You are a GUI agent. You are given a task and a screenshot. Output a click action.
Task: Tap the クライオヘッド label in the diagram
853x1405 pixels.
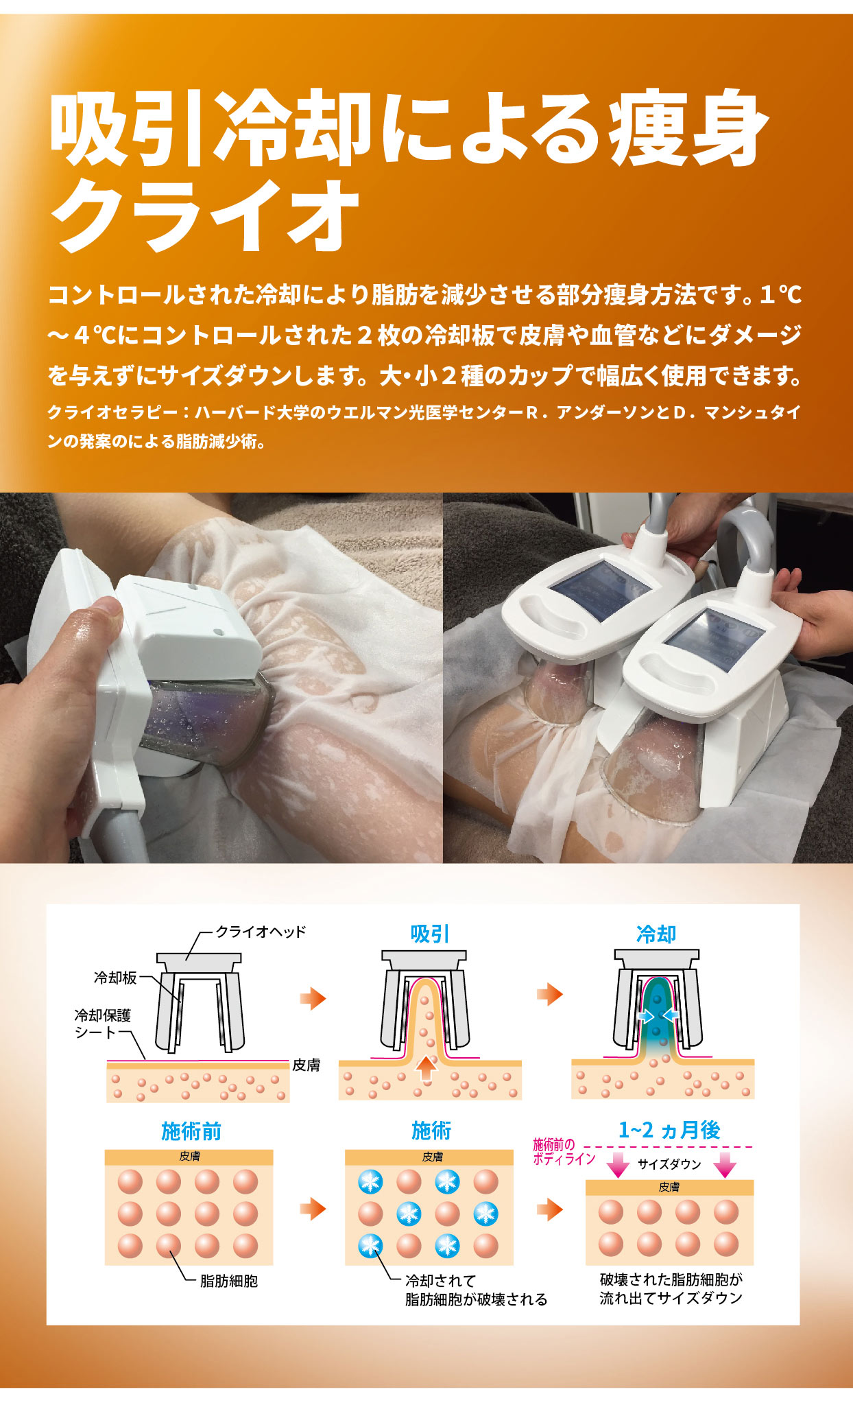click(261, 932)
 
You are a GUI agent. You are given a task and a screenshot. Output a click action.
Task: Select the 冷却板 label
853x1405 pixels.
click(115, 978)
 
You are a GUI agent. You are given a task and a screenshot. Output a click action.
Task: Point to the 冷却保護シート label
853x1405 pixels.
click(102, 1023)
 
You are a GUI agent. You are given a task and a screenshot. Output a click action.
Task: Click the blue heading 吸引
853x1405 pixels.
click(430, 934)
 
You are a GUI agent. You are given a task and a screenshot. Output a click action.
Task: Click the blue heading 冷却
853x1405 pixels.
click(656, 934)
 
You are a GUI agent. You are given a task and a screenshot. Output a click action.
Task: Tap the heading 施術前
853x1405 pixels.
click(191, 1131)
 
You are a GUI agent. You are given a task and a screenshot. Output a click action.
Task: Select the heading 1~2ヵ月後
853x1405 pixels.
click(669, 1130)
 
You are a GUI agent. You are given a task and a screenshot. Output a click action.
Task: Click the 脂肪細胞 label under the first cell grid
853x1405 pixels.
click(228, 1281)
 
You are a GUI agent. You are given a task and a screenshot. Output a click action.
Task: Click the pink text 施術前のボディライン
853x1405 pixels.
click(564, 1152)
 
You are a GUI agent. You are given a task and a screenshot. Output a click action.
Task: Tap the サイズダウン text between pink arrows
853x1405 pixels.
click(669, 1164)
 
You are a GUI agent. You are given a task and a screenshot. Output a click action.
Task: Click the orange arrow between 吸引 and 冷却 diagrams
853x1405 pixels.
click(550, 994)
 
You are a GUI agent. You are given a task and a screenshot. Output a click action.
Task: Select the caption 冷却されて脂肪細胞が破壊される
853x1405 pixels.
click(476, 1290)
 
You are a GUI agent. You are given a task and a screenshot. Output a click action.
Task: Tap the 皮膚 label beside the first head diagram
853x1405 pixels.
click(306, 1065)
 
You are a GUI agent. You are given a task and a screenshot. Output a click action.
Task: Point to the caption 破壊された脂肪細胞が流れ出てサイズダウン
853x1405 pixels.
click(671, 1288)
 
